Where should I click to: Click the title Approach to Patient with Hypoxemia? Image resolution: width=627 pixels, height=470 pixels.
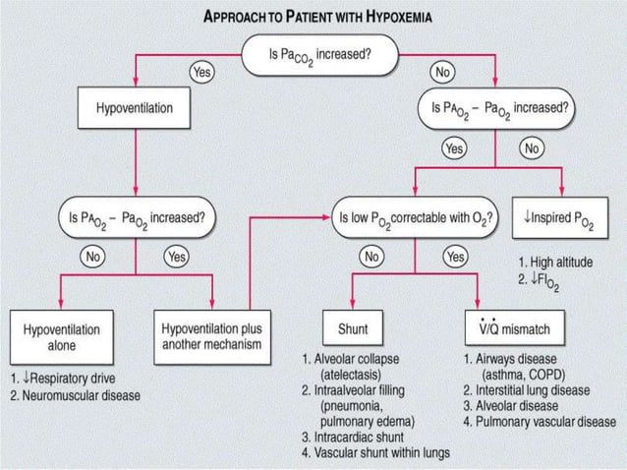click(313, 17)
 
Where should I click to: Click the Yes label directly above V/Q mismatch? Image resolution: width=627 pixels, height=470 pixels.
click(455, 257)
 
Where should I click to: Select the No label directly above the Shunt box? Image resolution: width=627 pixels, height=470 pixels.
click(371, 257)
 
